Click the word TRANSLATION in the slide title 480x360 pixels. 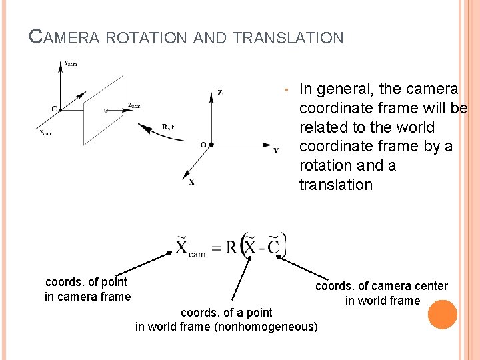pyautogui.click(x=288, y=38)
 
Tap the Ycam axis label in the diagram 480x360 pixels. pyautogui.click(x=70, y=63)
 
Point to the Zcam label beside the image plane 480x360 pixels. pyautogui.click(x=133, y=105)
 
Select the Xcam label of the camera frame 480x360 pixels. pyautogui.click(x=45, y=132)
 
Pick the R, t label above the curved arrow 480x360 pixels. pyautogui.click(x=168, y=126)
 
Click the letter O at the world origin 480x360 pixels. pyautogui.click(x=203, y=145)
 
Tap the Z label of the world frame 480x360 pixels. pyautogui.click(x=220, y=93)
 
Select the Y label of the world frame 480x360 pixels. pyautogui.click(x=276, y=150)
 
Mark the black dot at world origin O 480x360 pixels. pyautogui.click(x=212, y=144)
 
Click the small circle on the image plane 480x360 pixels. pyautogui.click(x=105, y=108)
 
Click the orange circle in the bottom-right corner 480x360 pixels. pyautogui.click(x=442, y=315)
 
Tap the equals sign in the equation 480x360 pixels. pyautogui.click(x=215, y=247)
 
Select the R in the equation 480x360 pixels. pyautogui.click(x=231, y=247)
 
